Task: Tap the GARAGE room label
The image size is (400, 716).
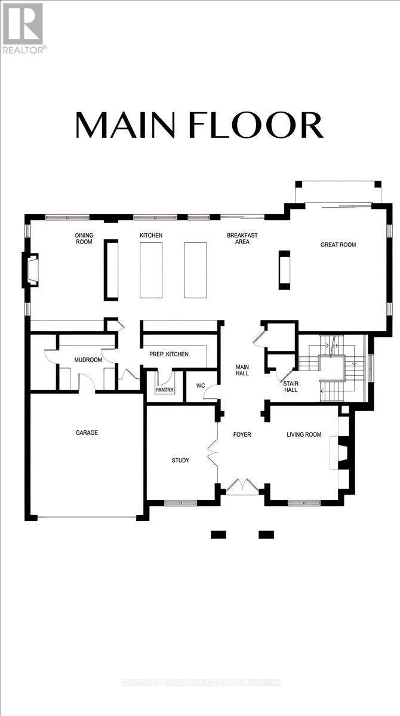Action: coord(87,433)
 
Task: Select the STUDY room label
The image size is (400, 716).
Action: coord(180,460)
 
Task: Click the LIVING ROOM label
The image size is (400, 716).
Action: coord(304,434)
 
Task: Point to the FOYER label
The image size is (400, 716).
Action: coord(242,434)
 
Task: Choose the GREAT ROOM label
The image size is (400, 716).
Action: coord(338,245)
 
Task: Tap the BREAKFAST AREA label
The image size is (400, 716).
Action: coord(242,239)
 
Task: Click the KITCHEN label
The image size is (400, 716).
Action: coord(151,236)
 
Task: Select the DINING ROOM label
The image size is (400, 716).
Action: coord(84,239)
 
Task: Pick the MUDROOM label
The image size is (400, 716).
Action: coord(88,360)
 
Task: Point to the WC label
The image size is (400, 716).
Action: coord(201,385)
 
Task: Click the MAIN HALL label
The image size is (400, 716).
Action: coord(242,370)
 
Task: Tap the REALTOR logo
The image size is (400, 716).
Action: coord(23,27)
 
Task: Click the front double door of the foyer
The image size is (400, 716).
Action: coord(242,486)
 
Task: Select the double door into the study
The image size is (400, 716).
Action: coord(213,453)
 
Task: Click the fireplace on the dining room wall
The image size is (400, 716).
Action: coord(31,270)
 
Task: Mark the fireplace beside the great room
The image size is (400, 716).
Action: coord(283,270)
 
